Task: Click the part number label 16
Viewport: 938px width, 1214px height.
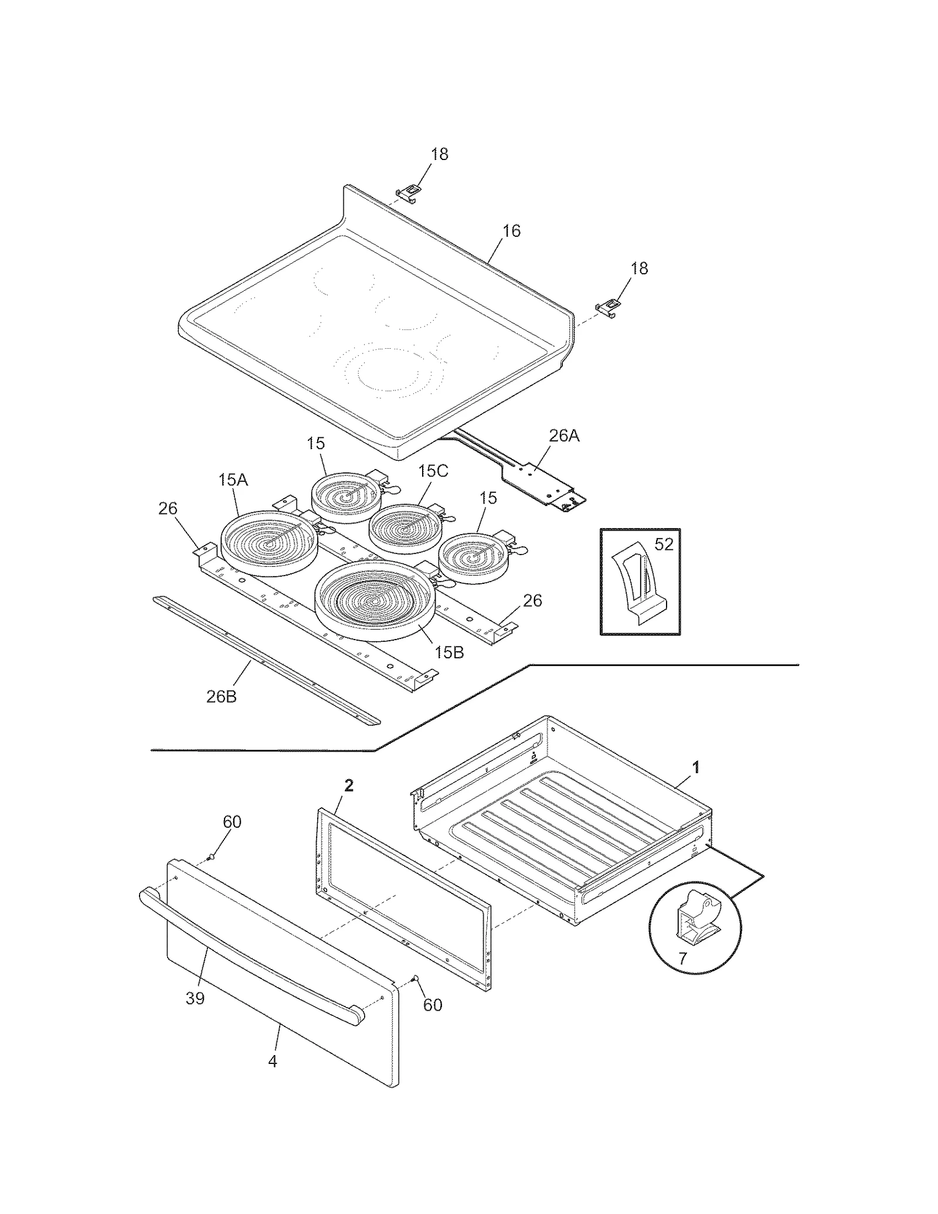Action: tap(511, 231)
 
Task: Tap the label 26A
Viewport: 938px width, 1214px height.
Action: tap(564, 436)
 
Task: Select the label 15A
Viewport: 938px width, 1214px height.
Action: tap(233, 480)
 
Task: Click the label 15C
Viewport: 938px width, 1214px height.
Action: tap(433, 471)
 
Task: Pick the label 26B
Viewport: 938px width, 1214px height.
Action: tap(222, 697)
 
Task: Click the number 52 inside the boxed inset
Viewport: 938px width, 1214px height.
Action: tap(664, 545)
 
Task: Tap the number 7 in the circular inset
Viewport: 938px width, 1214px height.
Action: tap(682, 958)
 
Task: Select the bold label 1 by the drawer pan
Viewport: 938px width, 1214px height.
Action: tap(696, 767)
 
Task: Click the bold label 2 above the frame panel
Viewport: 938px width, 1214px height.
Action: tap(349, 785)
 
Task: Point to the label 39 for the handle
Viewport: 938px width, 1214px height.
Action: tap(195, 998)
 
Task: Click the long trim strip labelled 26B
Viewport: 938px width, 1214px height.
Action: tap(264, 660)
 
